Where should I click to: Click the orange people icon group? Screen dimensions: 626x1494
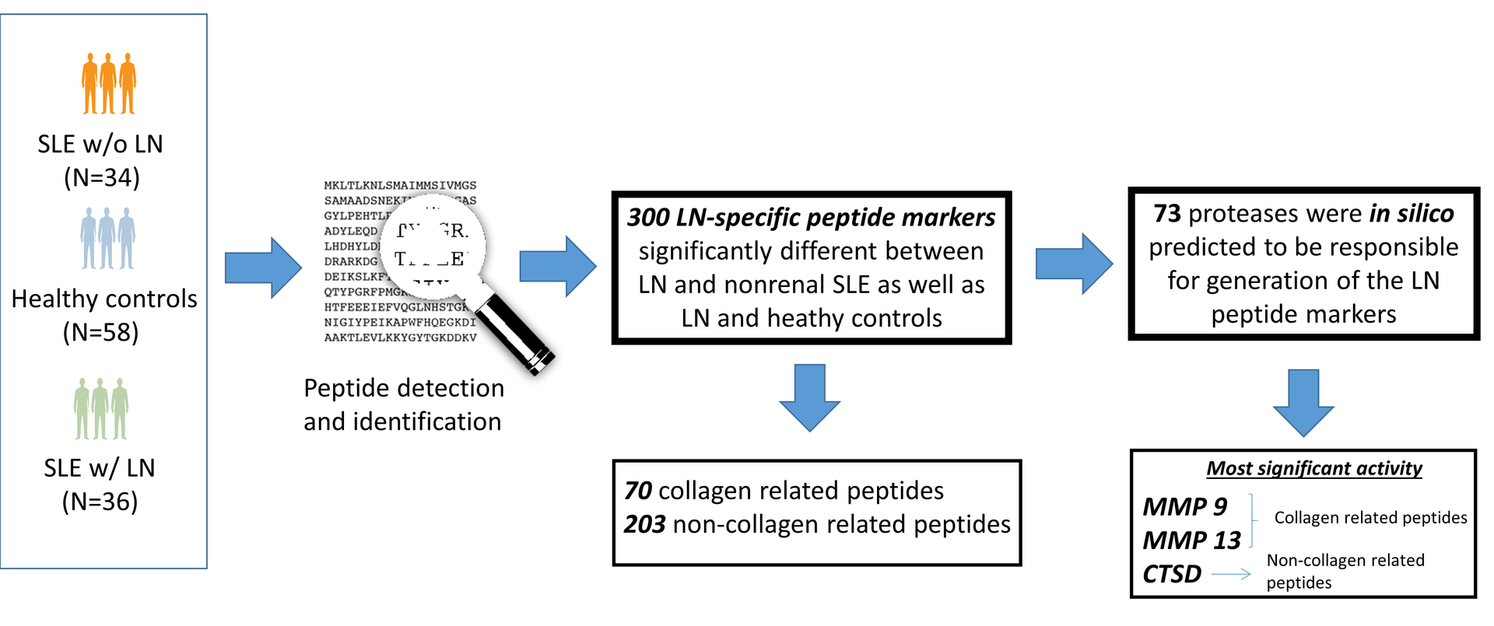pyautogui.click(x=109, y=84)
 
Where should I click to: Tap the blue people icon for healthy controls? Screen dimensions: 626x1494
pyautogui.click(x=107, y=238)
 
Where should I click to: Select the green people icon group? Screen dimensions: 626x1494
pyautogui.click(x=101, y=408)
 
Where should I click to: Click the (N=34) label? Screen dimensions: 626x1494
pyautogui.click(x=102, y=178)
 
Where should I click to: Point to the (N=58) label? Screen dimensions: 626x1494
pyautogui.click(x=101, y=333)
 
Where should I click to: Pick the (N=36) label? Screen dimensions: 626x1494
pyautogui.click(x=100, y=502)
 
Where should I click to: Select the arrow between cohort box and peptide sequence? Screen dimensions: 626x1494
pyautogui.click(x=263, y=268)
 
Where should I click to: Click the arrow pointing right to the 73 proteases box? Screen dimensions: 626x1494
pyautogui.click(x=1074, y=264)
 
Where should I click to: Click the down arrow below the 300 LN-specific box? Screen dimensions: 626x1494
pyautogui.click(x=810, y=397)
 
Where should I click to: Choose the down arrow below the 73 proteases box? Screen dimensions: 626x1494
pyautogui.click(x=1303, y=402)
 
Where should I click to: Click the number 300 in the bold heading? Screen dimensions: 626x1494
pyautogui.click(x=647, y=217)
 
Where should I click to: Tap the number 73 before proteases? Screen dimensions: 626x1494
pyautogui.click(x=1167, y=214)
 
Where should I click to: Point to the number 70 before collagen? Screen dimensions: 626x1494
pyautogui.click(x=638, y=491)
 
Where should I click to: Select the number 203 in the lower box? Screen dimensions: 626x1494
pyautogui.click(x=644, y=525)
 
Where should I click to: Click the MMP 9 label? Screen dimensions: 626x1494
pyautogui.click(x=1184, y=507)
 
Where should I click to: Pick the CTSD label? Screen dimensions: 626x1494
pyautogui.click(x=1172, y=575)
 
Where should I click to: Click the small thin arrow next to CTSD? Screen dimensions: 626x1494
pyautogui.click(x=1231, y=575)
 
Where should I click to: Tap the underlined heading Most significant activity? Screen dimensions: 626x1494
pyautogui.click(x=1314, y=468)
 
